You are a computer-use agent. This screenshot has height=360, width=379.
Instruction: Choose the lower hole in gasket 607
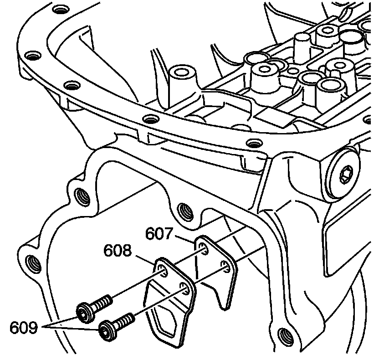224,265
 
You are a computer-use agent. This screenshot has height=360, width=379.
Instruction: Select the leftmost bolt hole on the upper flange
31,57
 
